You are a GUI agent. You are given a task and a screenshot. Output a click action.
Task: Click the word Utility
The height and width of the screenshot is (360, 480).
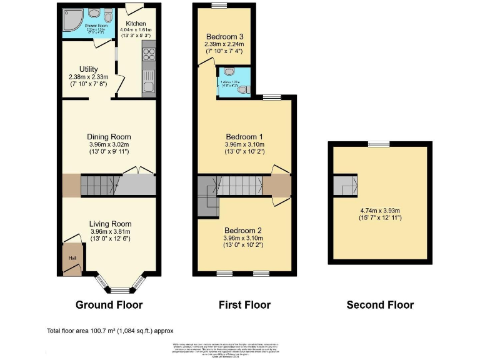tap(89, 69)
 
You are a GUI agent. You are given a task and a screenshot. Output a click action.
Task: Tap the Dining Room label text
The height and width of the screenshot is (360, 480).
tap(108, 137)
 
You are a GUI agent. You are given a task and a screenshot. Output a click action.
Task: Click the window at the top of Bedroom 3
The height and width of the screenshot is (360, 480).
tap(219, 6)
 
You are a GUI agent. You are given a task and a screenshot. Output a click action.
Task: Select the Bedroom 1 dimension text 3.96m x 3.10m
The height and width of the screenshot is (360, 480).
tap(244, 144)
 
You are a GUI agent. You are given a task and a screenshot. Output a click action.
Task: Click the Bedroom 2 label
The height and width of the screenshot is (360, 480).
tap(244, 229)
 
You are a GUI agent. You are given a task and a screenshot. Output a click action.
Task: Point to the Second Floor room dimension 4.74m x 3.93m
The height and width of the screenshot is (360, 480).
tap(380, 211)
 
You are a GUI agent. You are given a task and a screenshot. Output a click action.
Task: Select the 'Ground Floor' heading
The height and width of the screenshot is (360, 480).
tap(109, 305)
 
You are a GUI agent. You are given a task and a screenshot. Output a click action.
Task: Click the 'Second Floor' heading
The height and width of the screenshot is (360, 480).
tap(380, 305)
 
